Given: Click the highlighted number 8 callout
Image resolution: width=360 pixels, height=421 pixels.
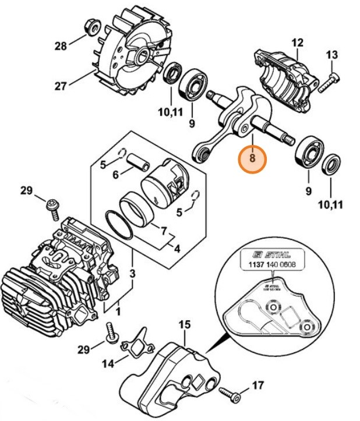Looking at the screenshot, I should (252, 158).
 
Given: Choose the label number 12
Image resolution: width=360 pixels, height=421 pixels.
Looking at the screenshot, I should (297, 43).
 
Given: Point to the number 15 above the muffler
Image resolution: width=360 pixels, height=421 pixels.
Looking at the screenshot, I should (184, 323).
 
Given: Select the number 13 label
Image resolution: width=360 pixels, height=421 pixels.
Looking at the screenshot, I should (332, 55).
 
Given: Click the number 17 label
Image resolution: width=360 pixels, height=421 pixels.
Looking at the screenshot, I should (257, 385).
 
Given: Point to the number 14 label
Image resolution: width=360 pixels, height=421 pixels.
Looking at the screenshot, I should (108, 364).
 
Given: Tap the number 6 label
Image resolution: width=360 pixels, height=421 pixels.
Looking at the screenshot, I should (115, 175).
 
